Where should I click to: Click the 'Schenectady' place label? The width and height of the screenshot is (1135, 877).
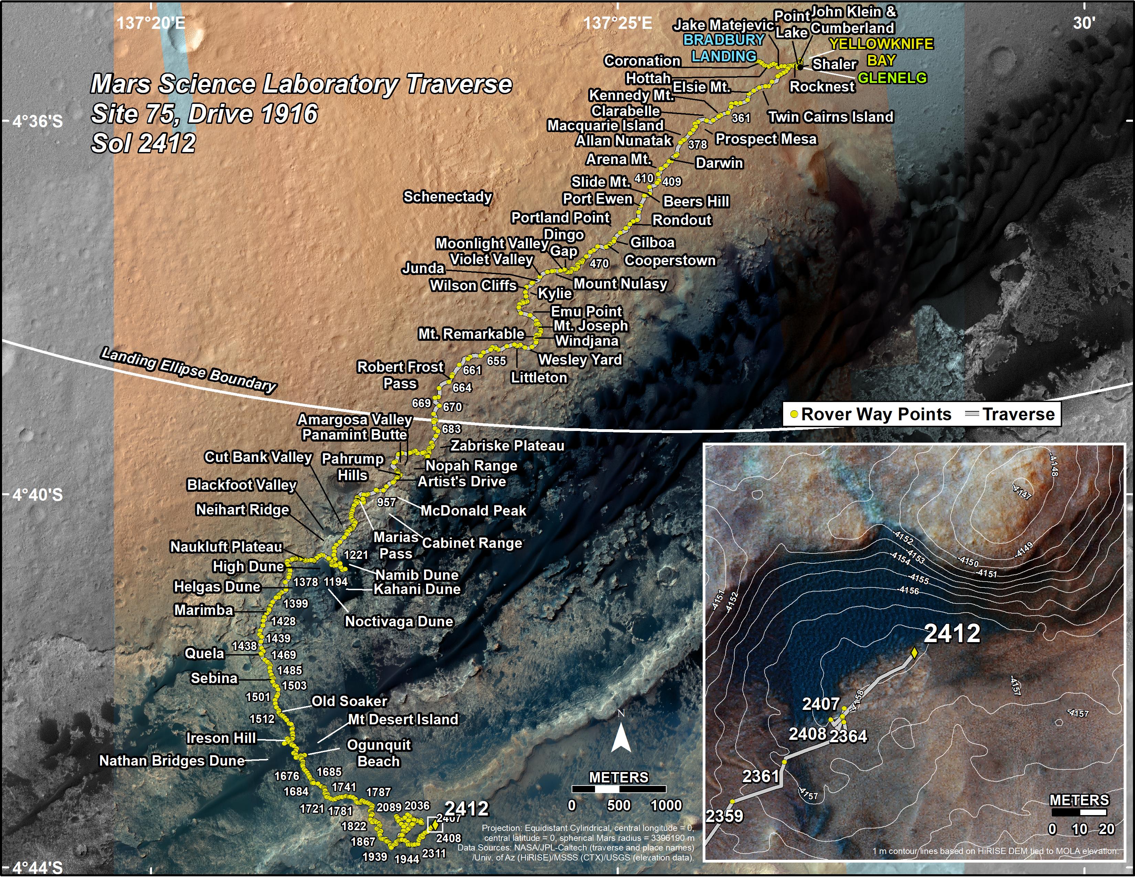pos(447,197)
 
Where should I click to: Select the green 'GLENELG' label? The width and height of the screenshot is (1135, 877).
pos(892,78)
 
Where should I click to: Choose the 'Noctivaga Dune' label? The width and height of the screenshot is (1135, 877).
pos(399,622)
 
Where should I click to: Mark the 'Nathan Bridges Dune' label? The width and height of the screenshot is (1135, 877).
pos(172,761)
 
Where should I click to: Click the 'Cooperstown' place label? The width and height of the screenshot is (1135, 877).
pos(670,260)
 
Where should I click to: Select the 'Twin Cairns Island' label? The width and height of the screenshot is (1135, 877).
pos(831,117)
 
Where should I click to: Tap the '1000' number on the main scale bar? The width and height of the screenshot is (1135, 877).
pos(666,806)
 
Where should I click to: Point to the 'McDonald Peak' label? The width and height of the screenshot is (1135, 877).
pos(473,511)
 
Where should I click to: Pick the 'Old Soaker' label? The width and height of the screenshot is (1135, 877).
pos(349,701)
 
